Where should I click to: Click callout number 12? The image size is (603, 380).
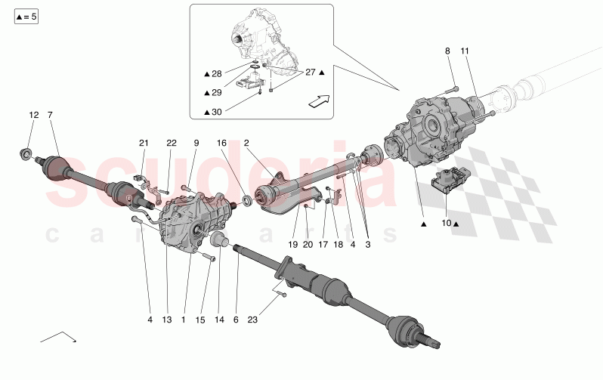click(33, 115)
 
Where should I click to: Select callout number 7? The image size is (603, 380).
click(50, 115)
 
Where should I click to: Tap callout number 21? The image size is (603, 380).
click(144, 143)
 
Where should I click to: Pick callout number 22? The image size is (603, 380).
click(171, 143)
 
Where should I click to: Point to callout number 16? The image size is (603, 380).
click(222, 143)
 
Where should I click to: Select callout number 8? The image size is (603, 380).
click(447, 51)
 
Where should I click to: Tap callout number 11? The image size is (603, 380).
click(465, 51)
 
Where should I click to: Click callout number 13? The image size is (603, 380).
click(167, 320)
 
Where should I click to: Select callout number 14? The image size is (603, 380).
click(218, 320)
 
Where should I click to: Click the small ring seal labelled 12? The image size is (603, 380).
click(26, 156)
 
